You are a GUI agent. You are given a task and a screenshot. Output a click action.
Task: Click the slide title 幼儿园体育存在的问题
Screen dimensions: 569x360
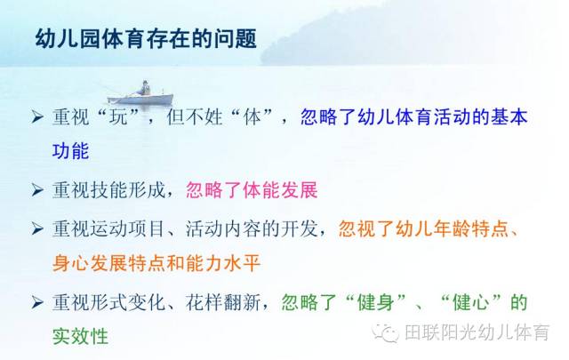(x=146, y=39)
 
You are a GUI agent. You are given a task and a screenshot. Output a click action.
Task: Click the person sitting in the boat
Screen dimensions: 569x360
(x=145, y=88)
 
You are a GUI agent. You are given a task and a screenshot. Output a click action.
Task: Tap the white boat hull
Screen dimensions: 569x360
(x=140, y=99)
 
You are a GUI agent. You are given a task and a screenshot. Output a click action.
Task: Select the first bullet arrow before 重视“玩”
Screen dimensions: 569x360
(x=37, y=117)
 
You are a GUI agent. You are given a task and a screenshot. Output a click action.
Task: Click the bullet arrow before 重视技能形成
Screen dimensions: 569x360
(x=37, y=190)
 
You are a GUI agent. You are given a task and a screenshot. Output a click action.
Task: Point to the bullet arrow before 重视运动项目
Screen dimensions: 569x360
(x=37, y=228)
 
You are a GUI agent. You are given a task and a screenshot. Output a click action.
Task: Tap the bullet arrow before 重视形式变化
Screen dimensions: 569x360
(x=37, y=302)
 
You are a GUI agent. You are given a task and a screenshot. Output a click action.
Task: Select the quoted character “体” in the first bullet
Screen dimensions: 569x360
(x=252, y=117)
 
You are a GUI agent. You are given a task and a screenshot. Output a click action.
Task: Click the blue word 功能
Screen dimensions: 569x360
(x=71, y=151)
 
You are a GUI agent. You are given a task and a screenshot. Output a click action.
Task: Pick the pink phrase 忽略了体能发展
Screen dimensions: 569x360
(x=252, y=190)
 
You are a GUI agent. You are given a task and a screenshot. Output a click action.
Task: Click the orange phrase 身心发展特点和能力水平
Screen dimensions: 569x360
(x=156, y=263)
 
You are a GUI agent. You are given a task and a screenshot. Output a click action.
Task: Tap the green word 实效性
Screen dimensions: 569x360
(x=81, y=336)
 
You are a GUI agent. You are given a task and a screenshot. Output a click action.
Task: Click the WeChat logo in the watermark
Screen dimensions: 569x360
(x=386, y=332)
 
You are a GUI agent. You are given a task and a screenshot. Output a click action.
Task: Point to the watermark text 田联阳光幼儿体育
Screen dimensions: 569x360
(x=477, y=332)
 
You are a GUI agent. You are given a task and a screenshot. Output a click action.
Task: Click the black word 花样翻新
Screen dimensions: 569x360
(x=223, y=302)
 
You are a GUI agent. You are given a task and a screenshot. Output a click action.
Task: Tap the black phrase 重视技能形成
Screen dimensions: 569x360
(x=108, y=190)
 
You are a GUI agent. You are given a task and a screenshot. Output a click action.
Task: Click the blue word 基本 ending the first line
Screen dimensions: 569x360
(x=509, y=117)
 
